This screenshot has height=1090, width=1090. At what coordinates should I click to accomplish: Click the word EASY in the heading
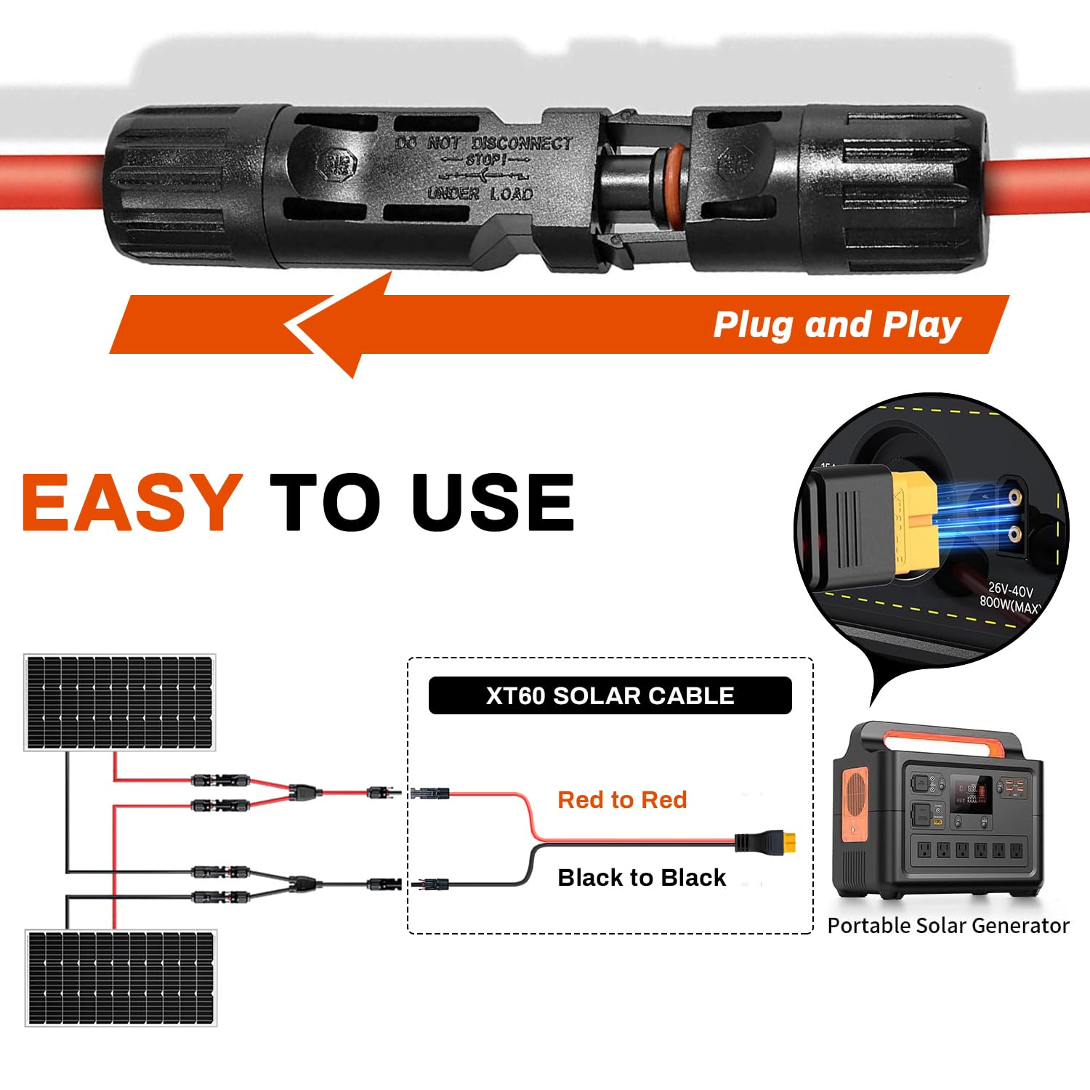click(132, 501)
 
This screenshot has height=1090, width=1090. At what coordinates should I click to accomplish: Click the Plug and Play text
click(837, 324)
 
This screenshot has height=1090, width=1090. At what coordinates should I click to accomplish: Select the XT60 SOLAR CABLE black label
click(610, 695)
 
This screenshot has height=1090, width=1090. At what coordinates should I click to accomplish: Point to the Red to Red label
click(622, 799)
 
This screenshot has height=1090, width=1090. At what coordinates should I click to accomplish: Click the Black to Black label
click(642, 877)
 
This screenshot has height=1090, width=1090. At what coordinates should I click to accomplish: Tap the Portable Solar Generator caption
click(948, 925)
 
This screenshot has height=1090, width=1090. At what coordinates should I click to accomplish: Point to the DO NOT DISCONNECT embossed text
click(483, 143)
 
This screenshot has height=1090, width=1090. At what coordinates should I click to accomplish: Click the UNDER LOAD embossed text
click(480, 194)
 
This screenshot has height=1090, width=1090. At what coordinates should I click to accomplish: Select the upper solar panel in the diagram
click(120, 702)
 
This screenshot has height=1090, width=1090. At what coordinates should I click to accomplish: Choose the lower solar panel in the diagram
click(121, 977)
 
